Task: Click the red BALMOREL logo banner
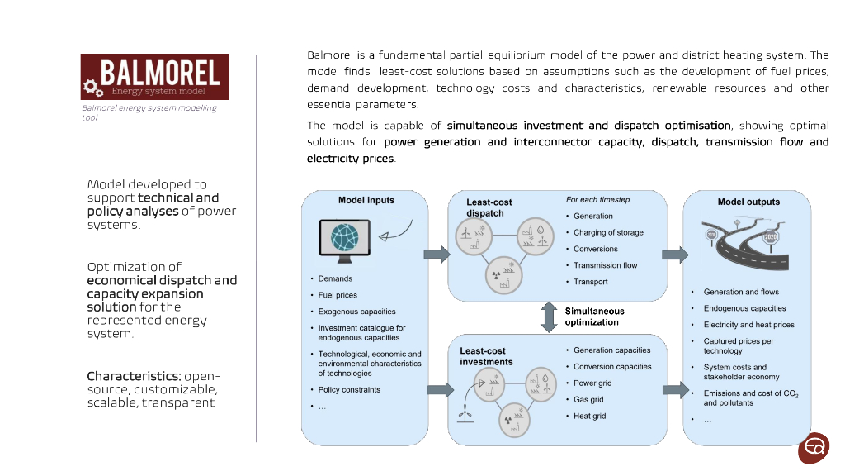tap(154, 77)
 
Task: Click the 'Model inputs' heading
tap(366, 200)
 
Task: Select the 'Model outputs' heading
tap(748, 202)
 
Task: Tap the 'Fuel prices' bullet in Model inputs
tap(338, 295)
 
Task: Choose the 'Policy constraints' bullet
tap(349, 389)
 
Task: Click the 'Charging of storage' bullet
tap(608, 232)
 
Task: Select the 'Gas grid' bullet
tap(588, 399)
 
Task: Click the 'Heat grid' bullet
tap(589, 416)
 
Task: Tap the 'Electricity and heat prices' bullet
tap(748, 325)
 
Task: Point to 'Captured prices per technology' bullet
tap(739, 345)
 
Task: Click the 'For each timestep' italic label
tap(597, 200)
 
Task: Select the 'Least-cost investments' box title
tap(486, 356)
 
